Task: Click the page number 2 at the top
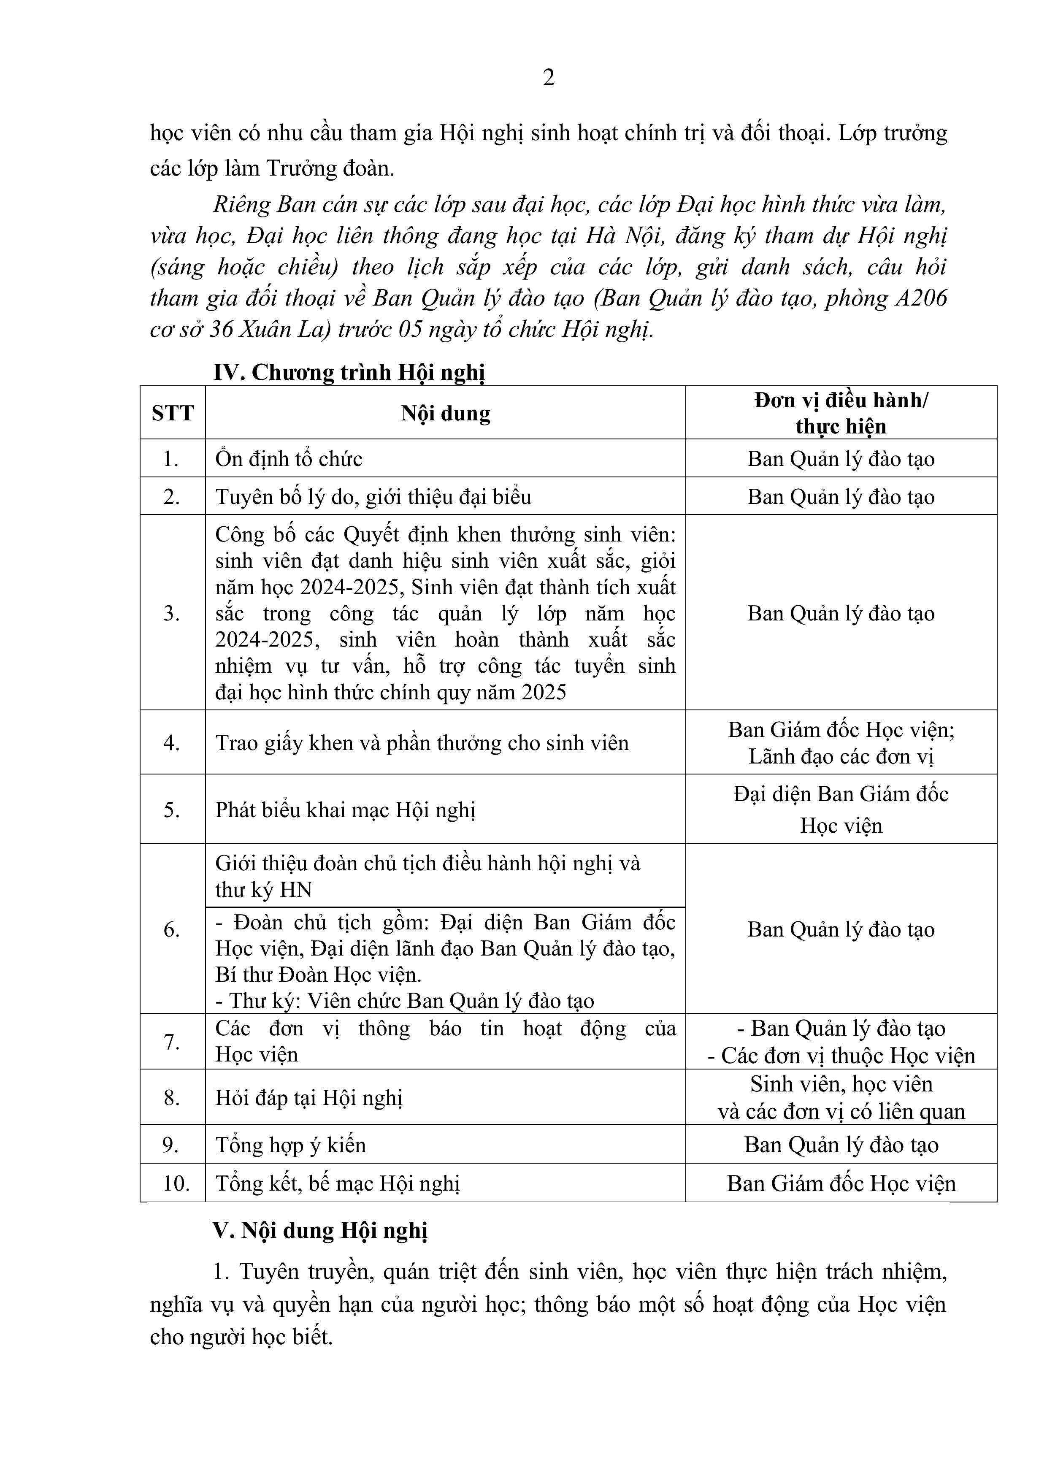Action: [x=548, y=78]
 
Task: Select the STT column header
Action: [x=172, y=413]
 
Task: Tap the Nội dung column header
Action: [x=445, y=413]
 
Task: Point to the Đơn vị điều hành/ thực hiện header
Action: [x=841, y=413]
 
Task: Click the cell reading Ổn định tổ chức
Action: [x=289, y=459]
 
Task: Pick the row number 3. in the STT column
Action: [x=172, y=613]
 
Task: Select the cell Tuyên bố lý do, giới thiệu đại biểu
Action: [x=373, y=497]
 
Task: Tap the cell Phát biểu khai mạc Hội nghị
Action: [x=345, y=810]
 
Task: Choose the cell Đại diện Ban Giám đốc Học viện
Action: [x=841, y=809]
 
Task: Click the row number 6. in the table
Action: [x=172, y=929]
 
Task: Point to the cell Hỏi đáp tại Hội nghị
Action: [x=309, y=1097]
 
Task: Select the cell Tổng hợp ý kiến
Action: [x=290, y=1144]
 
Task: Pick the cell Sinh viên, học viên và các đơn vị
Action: [x=841, y=1097]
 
